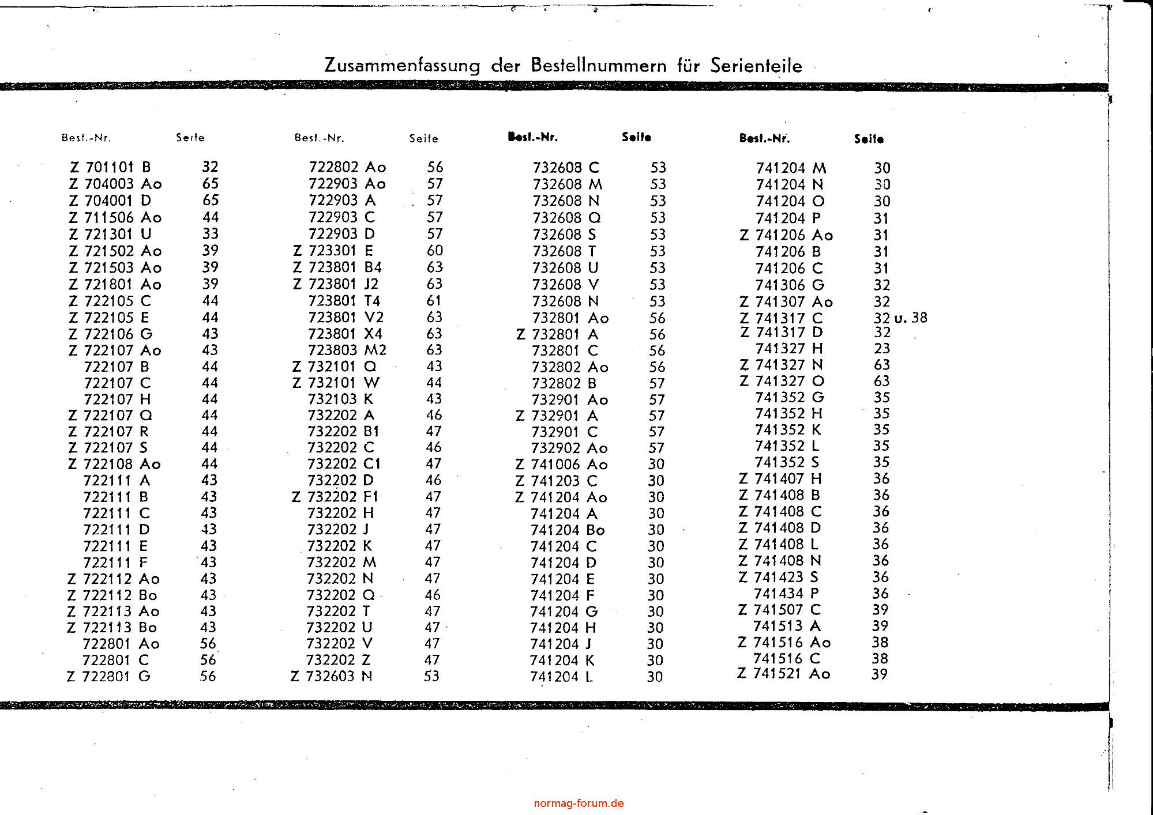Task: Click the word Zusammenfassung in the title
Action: tap(402, 65)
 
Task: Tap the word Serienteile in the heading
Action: tap(756, 66)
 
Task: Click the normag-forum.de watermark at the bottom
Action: tap(579, 803)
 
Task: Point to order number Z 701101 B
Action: tap(110, 167)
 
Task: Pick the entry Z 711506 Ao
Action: tap(115, 217)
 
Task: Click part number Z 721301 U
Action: tap(110, 234)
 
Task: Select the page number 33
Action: tap(211, 233)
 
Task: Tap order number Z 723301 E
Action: tap(333, 251)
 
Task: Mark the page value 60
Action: tap(435, 250)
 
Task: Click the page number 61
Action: tap(434, 300)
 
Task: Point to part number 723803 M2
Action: tap(347, 350)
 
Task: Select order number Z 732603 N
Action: tap(332, 676)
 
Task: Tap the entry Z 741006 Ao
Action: tap(562, 465)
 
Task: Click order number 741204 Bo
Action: tap(568, 530)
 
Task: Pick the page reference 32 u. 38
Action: tap(900, 318)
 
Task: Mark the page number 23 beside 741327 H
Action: tap(882, 348)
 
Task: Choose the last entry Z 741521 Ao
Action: tap(784, 674)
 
